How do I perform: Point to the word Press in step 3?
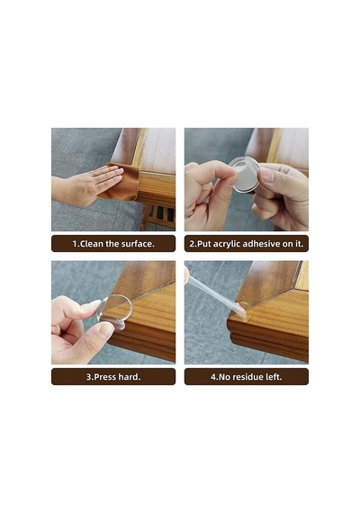tap(104, 377)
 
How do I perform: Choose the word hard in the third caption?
tap(128, 377)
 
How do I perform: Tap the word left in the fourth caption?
tap(273, 377)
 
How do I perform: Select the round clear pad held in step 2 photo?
tap(245, 174)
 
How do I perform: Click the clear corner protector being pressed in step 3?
tap(115, 311)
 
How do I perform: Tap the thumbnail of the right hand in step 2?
tap(267, 175)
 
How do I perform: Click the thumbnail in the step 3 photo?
tap(106, 330)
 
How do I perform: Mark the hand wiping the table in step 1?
tap(85, 184)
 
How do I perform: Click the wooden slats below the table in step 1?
tap(161, 217)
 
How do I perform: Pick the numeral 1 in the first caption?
tap(75, 244)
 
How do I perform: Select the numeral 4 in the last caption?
tap(213, 377)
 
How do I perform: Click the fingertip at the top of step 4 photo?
tap(186, 274)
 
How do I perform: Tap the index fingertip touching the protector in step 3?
tap(94, 304)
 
